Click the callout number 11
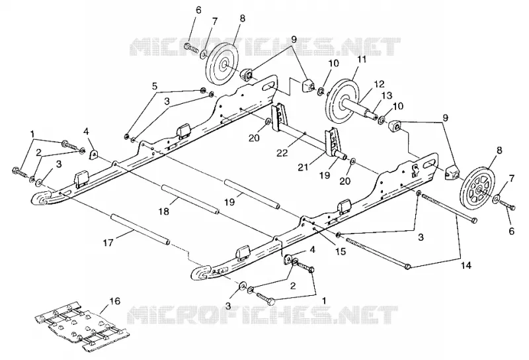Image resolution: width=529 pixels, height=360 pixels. (x=362, y=60)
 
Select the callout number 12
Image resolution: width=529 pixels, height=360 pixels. (x=379, y=84)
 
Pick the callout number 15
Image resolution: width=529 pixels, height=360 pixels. (x=341, y=251)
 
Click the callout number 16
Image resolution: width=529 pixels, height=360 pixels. (x=114, y=301)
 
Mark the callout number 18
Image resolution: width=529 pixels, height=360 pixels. (x=165, y=211)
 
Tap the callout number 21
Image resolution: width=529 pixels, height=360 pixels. (x=304, y=166)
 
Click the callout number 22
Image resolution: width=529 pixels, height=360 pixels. (x=282, y=153)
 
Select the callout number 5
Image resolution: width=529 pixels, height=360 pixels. (x=155, y=87)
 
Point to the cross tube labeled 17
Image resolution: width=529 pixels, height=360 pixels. (x=141, y=230)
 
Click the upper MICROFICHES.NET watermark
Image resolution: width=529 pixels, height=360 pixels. (x=265, y=46)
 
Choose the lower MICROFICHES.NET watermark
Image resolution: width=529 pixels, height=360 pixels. (x=263, y=316)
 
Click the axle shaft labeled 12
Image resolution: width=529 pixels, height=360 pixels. (x=360, y=107)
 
